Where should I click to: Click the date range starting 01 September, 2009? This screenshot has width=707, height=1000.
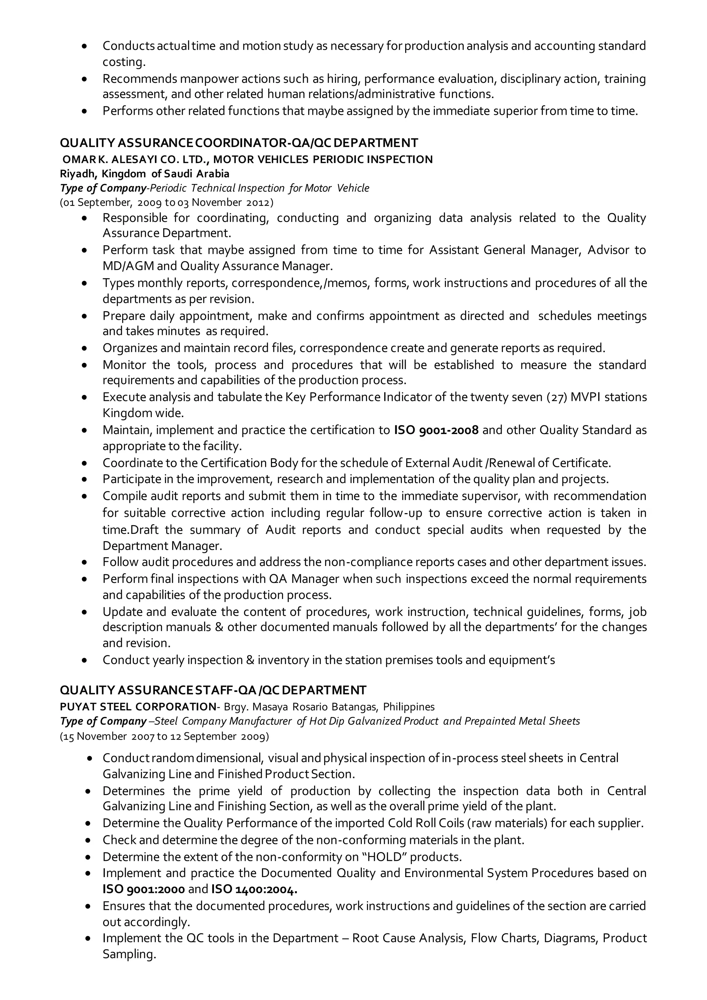(x=167, y=203)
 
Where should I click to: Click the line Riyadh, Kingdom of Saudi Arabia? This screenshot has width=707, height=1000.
(x=145, y=174)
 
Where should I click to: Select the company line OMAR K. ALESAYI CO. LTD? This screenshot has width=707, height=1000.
(x=247, y=160)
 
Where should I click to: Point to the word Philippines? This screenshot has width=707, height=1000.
(x=409, y=706)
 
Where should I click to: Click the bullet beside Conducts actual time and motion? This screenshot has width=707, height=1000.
(x=85, y=46)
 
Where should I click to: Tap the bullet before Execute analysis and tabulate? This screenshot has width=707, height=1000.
(x=85, y=398)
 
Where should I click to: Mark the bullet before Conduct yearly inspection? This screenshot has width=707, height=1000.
(x=85, y=660)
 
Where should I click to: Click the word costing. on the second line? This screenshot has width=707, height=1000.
(x=124, y=62)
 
